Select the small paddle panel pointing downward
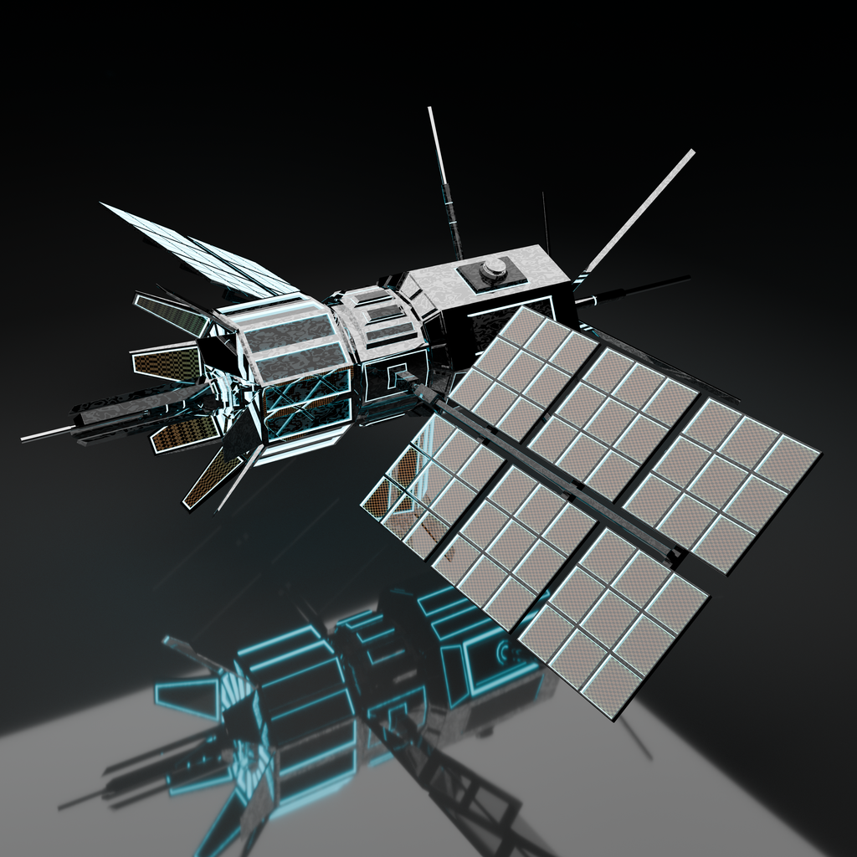(201, 481)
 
